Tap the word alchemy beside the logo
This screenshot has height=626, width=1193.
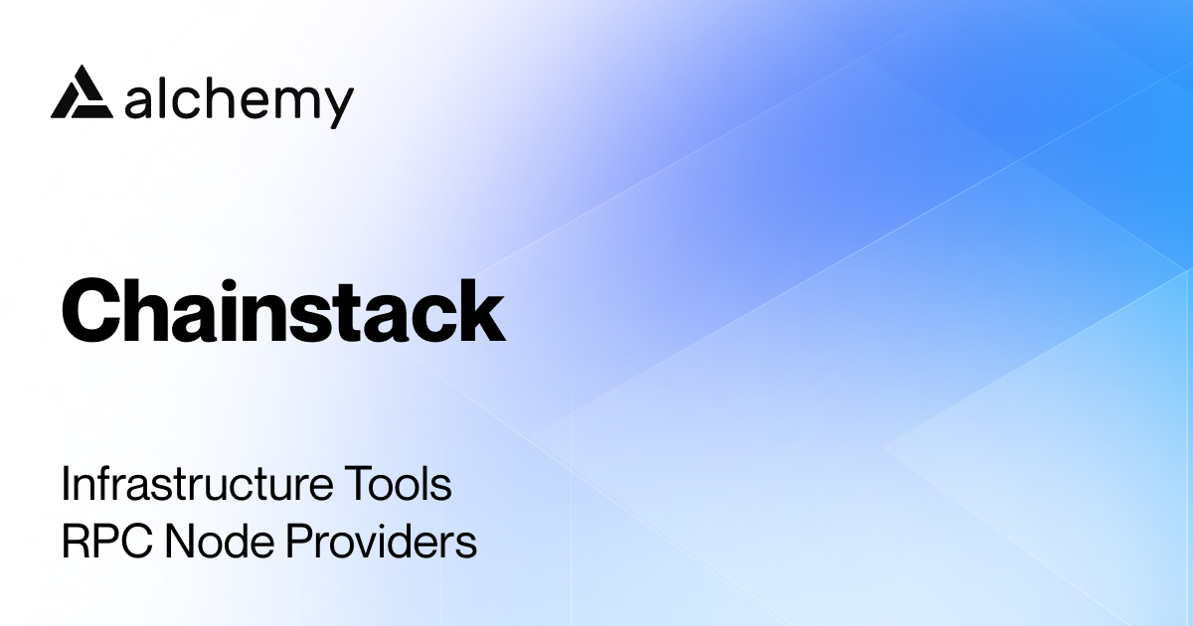(240, 99)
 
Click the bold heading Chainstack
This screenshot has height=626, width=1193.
(283, 310)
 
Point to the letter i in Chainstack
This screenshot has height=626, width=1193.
(245, 310)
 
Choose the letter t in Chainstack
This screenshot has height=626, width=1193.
(356, 312)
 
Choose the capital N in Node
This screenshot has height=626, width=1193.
(181, 543)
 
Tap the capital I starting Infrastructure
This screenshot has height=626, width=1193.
(66, 486)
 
